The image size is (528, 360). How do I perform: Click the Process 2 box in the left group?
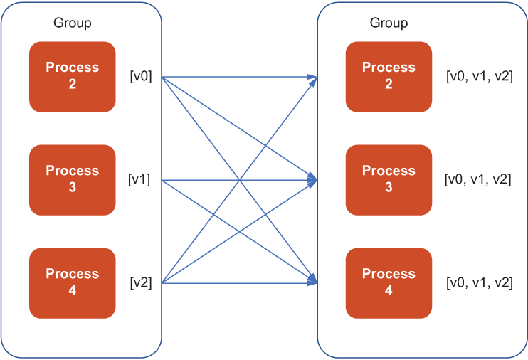pos(73,77)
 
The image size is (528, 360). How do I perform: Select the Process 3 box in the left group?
pos(73,180)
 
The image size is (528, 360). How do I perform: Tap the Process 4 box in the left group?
pos(73,283)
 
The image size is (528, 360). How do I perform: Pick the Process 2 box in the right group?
pos(389,77)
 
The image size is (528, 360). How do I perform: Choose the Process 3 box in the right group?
pos(389,180)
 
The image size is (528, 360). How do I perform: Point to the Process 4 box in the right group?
pos(389,283)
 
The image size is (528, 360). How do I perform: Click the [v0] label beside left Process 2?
pos(141,76)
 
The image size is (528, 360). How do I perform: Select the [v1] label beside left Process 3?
pos(139,179)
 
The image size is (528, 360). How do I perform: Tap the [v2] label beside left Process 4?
pos(141,282)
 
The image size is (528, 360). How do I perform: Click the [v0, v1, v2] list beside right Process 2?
pos(480,76)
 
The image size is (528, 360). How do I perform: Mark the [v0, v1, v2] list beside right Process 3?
pos(477,179)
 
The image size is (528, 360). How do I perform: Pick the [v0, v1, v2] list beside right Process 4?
pos(480,282)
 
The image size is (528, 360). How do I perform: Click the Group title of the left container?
pos(73,23)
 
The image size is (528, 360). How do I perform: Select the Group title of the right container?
pos(389,23)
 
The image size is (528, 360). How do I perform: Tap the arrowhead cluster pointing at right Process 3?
pos(312,180)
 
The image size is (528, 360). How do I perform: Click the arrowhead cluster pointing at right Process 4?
pos(312,280)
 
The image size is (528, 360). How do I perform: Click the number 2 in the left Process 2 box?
pos(73,84)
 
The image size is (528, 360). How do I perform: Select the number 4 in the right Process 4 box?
pos(389,290)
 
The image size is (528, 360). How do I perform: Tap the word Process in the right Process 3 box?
pos(389,171)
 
